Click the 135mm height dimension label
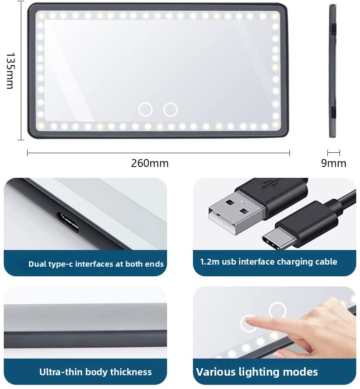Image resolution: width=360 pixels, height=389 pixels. (x=10, y=71)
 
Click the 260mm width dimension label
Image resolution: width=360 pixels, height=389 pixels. (x=150, y=163)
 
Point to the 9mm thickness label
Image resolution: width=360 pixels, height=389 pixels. (x=333, y=163)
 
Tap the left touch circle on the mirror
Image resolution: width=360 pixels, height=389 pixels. (x=145, y=109)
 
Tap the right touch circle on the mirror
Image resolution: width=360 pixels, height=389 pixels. (x=170, y=109)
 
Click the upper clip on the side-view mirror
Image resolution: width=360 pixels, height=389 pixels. (x=334, y=29)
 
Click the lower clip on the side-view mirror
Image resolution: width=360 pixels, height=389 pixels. (x=334, y=112)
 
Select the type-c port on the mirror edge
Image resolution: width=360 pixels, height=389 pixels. (x=68, y=222)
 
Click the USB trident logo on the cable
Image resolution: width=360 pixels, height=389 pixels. (x=270, y=183)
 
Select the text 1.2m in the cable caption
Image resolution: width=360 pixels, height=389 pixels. (x=210, y=262)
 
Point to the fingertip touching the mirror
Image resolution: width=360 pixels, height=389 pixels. (x=249, y=321)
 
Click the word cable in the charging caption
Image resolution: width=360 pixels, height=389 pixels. (x=326, y=262)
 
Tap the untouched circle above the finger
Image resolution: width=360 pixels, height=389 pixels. (x=278, y=310)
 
